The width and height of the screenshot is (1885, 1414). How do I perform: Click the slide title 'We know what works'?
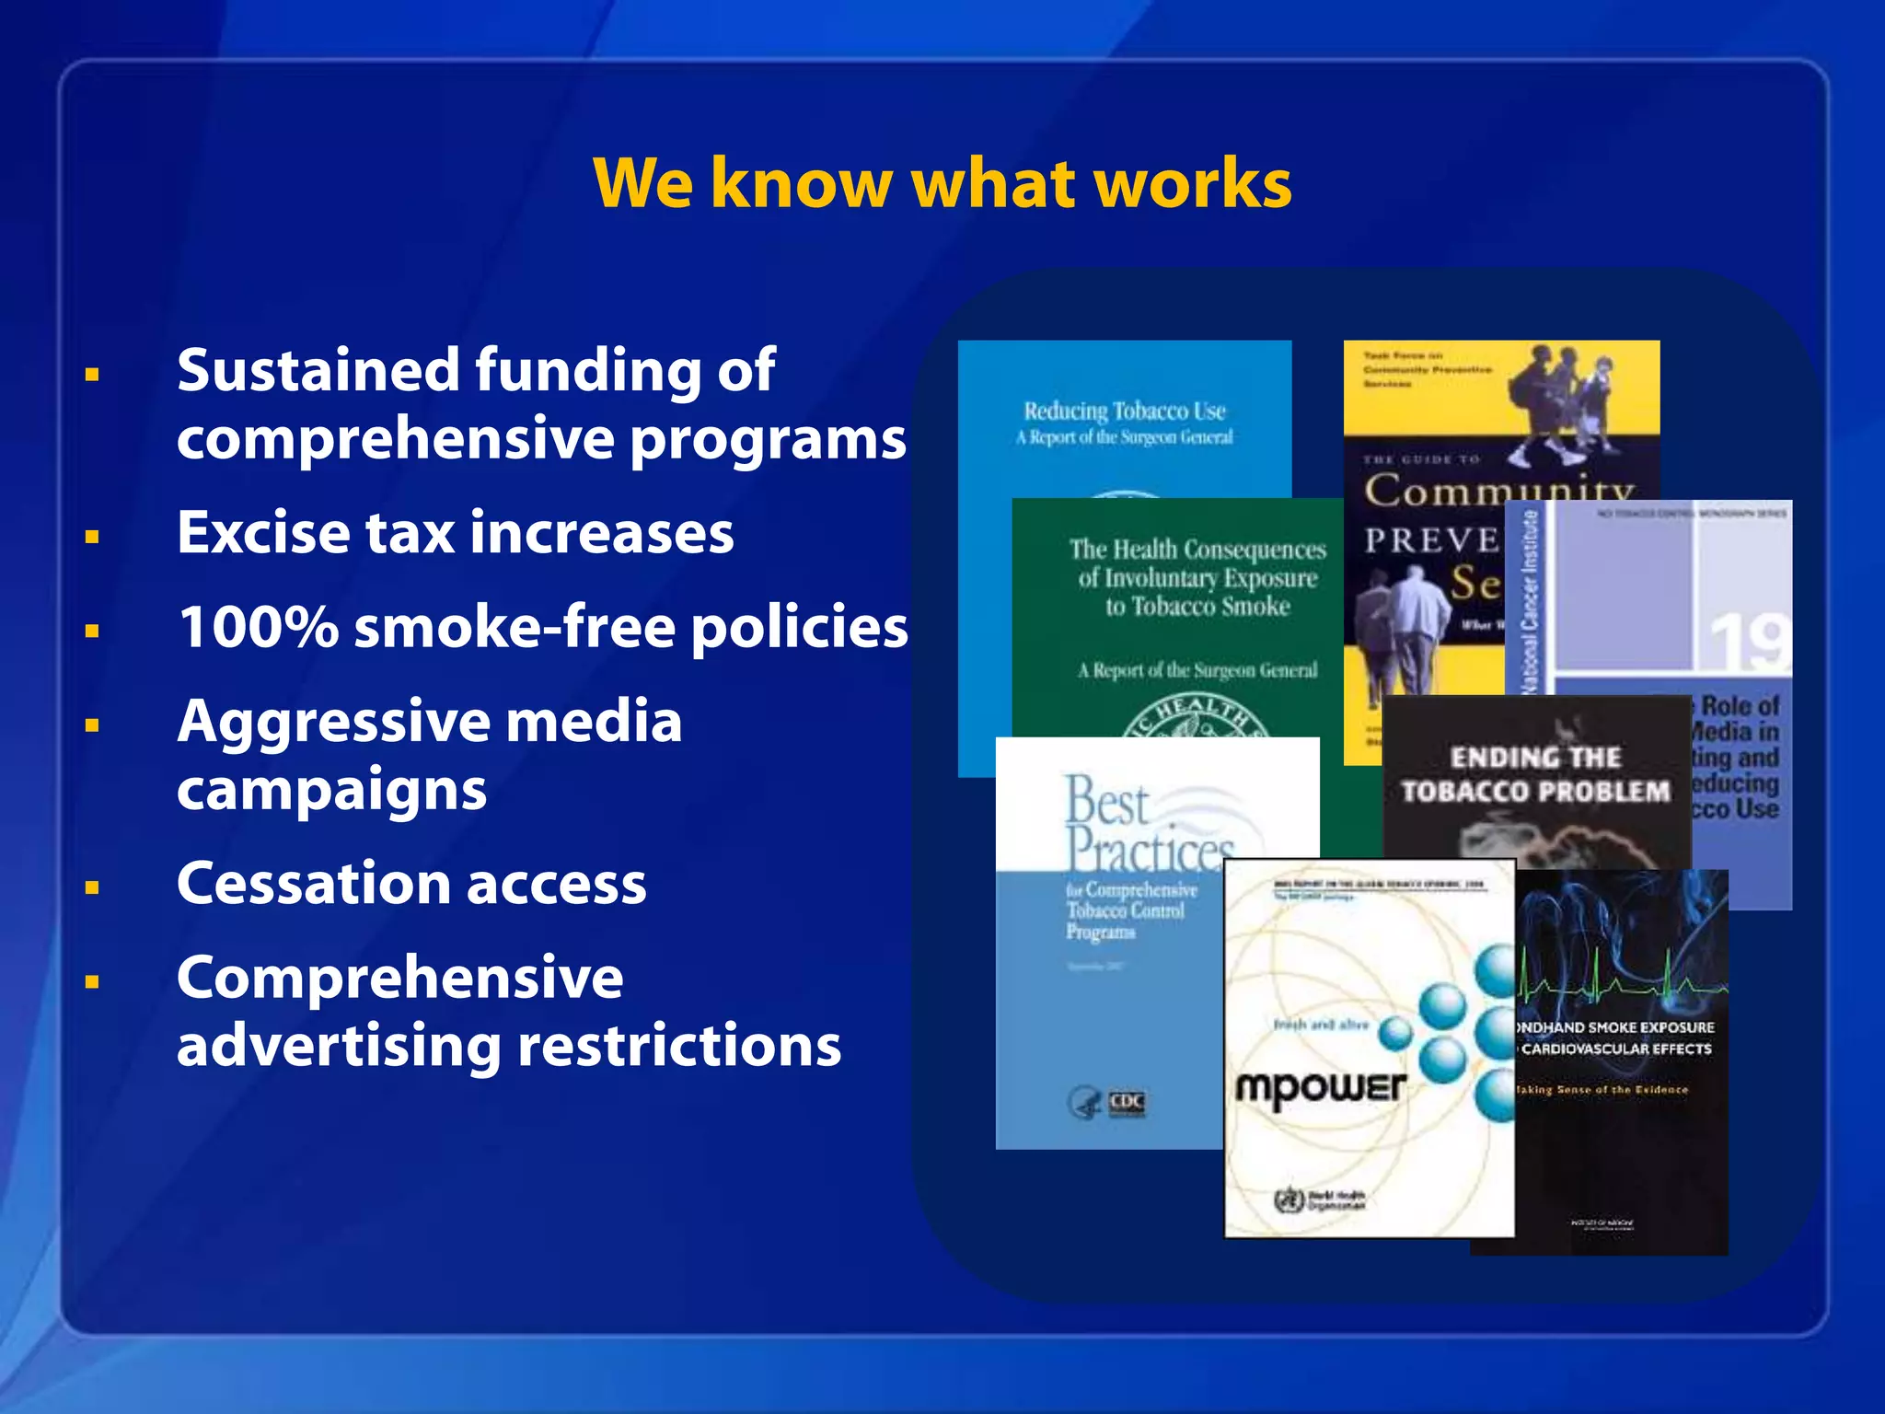coord(942,182)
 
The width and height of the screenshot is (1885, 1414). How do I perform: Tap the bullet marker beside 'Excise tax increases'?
coord(92,537)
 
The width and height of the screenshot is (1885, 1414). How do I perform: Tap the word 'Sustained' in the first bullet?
coord(318,370)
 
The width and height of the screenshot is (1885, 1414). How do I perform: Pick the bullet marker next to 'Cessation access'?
coord(92,888)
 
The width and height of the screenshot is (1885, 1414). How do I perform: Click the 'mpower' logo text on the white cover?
coord(1320,1089)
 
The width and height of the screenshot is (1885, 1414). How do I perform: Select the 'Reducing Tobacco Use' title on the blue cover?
coord(1124,411)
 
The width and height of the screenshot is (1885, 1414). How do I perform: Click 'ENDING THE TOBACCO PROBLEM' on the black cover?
coord(1535,774)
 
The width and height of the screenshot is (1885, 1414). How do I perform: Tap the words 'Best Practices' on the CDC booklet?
coord(1146,824)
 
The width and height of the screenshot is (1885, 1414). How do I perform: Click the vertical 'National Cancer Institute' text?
coord(1529,598)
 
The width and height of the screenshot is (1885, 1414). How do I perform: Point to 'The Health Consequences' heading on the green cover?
coord(1197,550)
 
